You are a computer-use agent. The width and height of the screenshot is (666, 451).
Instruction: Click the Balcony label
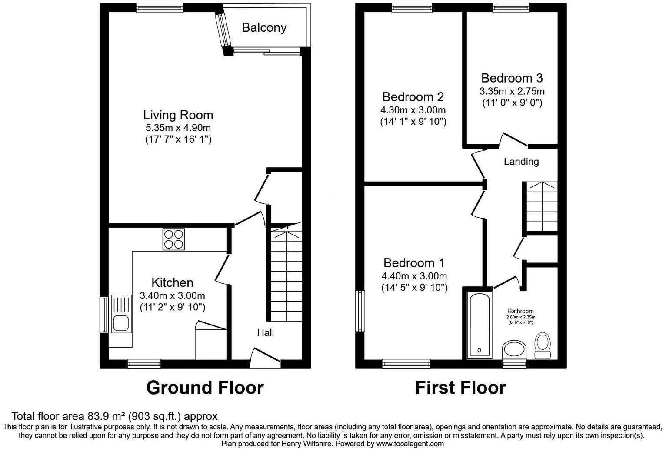tap(264, 28)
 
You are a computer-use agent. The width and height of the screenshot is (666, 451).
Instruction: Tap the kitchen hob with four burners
tap(173, 239)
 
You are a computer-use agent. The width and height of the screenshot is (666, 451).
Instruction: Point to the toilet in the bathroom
tap(542, 345)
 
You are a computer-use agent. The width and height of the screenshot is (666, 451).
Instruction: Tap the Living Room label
tap(178, 115)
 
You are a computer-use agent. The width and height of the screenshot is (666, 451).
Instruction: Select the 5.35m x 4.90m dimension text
tap(178, 128)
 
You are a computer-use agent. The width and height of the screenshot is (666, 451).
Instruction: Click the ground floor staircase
tap(286, 274)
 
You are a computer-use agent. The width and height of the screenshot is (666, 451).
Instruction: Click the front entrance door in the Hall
tap(265, 356)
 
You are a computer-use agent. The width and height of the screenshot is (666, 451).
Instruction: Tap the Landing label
tap(521, 162)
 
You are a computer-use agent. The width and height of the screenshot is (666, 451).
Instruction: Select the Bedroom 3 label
tap(512, 78)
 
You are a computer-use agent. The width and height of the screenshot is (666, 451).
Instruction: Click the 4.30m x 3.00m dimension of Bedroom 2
tap(413, 110)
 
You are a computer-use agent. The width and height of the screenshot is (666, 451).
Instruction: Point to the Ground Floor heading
tap(205, 388)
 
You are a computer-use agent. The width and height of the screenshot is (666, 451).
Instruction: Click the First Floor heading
tap(460, 388)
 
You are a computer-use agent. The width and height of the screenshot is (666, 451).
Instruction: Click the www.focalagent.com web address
tap(410, 444)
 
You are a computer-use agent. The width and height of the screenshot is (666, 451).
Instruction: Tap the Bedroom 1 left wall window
tap(360, 311)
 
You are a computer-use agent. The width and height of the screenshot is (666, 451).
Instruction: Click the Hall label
tap(265, 333)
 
